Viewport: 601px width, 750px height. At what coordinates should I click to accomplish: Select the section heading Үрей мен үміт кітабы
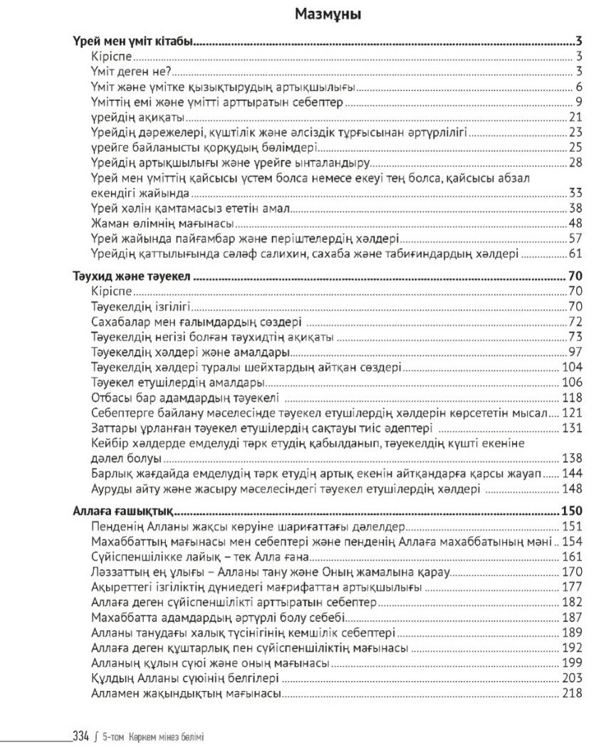point(135,43)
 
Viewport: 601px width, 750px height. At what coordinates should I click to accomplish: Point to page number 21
point(576,118)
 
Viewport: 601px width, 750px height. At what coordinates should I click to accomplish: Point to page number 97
point(576,352)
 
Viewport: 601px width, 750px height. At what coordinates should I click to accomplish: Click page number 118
point(573,397)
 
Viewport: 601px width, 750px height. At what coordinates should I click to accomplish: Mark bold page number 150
point(573,511)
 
